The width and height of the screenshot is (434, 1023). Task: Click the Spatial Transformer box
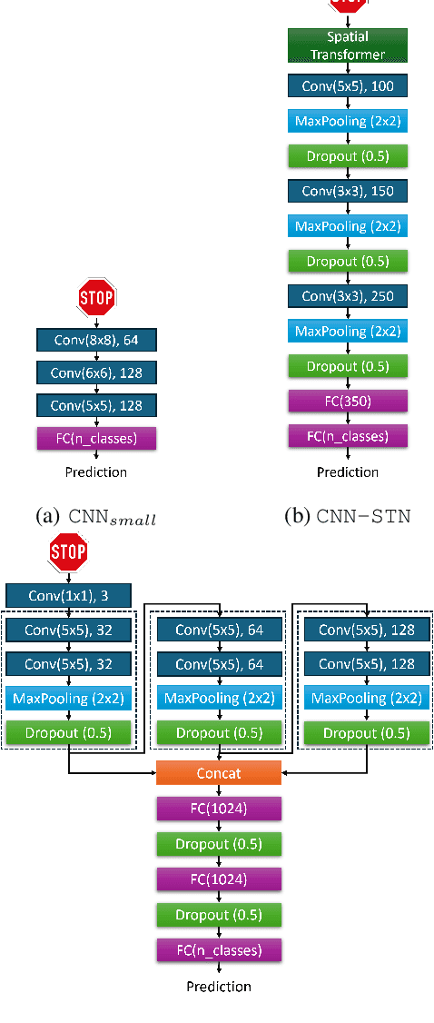(348, 45)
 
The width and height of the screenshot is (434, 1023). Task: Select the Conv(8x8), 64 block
(96, 340)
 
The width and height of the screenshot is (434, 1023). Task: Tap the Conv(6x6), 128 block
(96, 372)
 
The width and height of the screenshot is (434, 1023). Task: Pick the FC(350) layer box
(348, 402)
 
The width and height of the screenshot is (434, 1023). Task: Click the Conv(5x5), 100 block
(348, 86)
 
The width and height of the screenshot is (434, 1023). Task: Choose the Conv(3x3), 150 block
(348, 191)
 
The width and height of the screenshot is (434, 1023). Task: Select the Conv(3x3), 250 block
(348, 296)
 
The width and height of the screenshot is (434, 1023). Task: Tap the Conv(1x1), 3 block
(69, 596)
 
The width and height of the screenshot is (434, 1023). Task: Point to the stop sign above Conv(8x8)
(96, 296)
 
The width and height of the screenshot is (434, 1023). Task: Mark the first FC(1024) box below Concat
(219, 808)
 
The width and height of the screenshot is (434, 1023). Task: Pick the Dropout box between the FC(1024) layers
(219, 844)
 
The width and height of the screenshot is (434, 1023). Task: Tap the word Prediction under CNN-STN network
(348, 472)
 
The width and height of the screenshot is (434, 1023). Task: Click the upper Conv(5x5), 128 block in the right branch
(365, 631)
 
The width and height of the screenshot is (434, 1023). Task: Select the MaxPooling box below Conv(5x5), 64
(219, 699)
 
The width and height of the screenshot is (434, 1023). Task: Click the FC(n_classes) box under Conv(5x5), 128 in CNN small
(96, 439)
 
